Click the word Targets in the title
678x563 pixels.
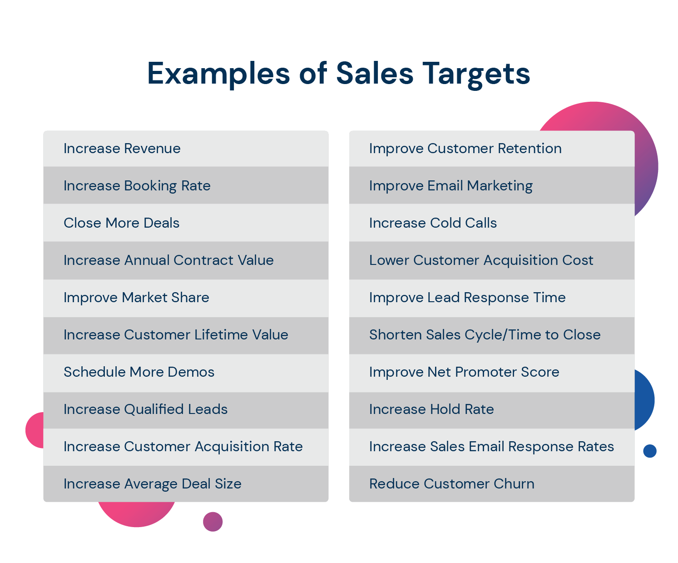pyautogui.click(x=477, y=74)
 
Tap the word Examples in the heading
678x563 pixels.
pyautogui.click(x=218, y=74)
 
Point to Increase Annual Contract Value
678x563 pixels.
pyautogui.click(x=168, y=260)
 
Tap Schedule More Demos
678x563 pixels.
pyautogui.click(x=139, y=372)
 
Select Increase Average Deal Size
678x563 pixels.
pyautogui.click(x=153, y=484)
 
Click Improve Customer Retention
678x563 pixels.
pyautogui.click(x=465, y=149)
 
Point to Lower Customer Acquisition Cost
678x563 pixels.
pyautogui.click(x=481, y=260)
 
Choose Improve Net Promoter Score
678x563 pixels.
pyautogui.click(x=465, y=372)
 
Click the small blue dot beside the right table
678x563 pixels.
pyautogui.click(x=650, y=451)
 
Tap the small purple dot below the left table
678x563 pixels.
pyautogui.click(x=213, y=522)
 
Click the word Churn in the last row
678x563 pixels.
pyautogui.click(x=514, y=484)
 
